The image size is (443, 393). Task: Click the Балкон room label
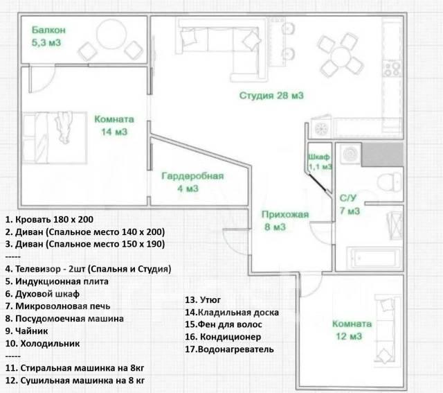pos(48,30)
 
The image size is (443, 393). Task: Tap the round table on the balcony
pos(111,34)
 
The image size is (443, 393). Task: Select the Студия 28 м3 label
pos(271,96)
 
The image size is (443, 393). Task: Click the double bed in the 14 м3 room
pos(55,138)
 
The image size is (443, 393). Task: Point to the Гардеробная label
pos(192,176)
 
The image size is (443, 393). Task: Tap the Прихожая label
pos(284,214)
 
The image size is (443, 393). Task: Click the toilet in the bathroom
pos(389,182)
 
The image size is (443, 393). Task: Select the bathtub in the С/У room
pos(374,258)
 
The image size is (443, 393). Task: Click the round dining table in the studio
pos(341,55)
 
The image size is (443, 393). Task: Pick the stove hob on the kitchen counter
pos(392,69)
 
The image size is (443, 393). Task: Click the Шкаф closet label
pos(318,157)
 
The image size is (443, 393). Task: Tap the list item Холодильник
pos(43,344)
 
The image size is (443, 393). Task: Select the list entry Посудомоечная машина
pos(64,319)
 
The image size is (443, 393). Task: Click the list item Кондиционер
pos(223,337)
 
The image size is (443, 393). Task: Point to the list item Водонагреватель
pos(229,349)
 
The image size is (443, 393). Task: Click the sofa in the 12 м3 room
pos(388,329)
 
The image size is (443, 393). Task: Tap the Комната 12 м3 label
pos(351,330)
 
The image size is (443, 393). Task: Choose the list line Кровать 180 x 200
pos(49,219)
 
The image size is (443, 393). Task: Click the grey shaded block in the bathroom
pos(382,155)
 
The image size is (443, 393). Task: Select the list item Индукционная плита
pos(57,281)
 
